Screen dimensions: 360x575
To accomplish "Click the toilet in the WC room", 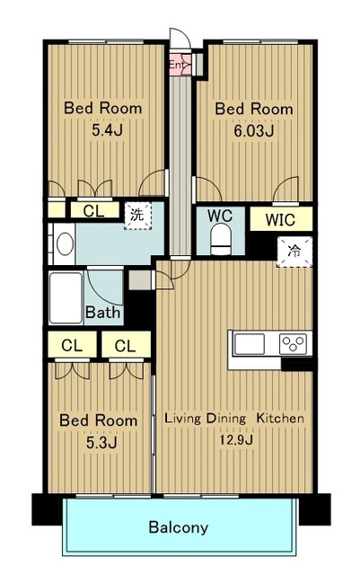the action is click(221, 239).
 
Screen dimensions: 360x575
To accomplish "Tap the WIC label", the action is click(280, 219).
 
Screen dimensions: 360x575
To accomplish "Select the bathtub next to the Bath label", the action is click(66, 297).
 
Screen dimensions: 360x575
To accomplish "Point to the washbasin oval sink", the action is click(65, 243).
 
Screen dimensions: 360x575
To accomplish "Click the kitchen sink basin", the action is click(250, 344).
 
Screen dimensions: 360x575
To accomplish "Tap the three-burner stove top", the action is click(293, 344).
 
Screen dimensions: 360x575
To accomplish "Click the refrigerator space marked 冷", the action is click(294, 252).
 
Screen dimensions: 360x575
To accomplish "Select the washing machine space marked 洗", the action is click(138, 216).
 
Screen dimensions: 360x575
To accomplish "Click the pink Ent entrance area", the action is click(180, 65).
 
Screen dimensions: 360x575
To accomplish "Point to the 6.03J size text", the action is click(254, 130).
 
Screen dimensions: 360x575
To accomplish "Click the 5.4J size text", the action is click(107, 129).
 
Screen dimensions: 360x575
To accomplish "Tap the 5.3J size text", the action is click(101, 443).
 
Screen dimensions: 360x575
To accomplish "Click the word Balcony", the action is click(179, 527).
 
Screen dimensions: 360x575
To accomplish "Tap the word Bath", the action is click(102, 313).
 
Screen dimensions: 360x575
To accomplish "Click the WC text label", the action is click(220, 216).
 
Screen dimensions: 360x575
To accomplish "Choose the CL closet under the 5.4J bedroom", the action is click(94, 211).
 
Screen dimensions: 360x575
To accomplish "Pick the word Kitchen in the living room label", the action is click(280, 418).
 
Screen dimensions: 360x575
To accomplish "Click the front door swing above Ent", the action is click(180, 38).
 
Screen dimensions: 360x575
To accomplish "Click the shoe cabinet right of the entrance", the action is click(199, 64).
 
